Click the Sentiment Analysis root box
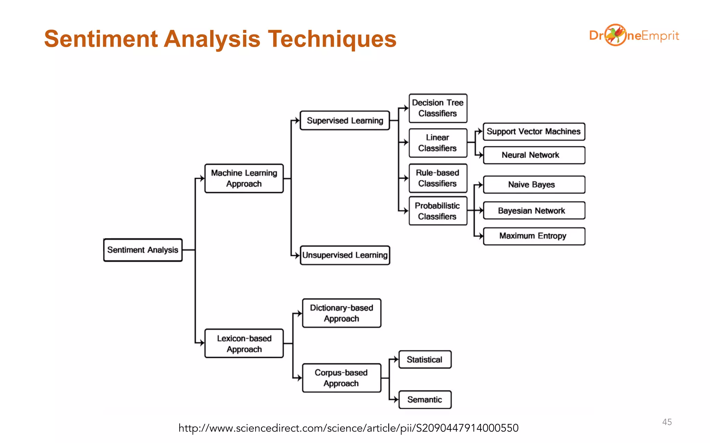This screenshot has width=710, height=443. pos(143,250)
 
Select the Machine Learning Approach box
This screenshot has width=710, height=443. pos(244,178)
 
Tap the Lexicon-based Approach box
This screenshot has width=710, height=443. pos(244,343)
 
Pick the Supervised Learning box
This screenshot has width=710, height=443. pos(345,120)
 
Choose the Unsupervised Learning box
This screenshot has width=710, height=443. pos(345,255)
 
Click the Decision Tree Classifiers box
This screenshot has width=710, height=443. pos(438,108)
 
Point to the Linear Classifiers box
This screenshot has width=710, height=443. pos(438,143)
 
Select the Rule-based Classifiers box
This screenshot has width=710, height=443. pos(438,178)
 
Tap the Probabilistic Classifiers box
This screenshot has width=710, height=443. pos(438,211)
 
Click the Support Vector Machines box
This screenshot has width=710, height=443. pos(534,132)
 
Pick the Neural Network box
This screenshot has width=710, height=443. pos(534,155)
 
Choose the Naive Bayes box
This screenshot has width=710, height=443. pos(534,184)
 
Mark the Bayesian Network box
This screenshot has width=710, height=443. pos(534,210)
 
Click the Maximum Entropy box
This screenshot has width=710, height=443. pos(534,236)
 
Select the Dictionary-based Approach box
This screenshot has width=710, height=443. pos(341,313)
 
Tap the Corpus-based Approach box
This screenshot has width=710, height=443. pos(341,378)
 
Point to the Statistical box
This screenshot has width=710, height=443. pos(425,360)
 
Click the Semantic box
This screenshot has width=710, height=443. pos(425,400)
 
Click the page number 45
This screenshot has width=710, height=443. pos(667,422)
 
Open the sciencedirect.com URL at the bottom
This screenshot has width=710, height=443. pos(348,428)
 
